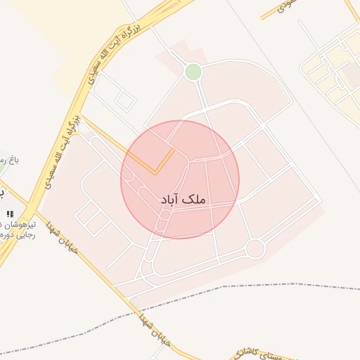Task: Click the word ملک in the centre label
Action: [197, 200]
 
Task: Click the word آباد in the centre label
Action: [173, 200]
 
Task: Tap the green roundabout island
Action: [193, 71]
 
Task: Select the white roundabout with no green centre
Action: [255, 248]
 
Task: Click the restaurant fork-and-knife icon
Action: [9, 213]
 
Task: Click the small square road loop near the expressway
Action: [124, 101]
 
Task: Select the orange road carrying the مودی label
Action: [271, 13]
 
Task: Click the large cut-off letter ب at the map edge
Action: [2, 192]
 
